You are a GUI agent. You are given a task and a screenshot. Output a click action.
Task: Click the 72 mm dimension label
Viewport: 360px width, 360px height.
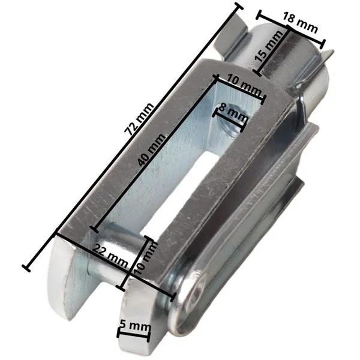[139, 119]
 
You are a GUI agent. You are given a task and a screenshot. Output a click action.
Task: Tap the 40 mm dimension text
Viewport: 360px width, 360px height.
[152, 149]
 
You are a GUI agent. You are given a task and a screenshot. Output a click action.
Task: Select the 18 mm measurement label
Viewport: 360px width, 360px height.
[301, 23]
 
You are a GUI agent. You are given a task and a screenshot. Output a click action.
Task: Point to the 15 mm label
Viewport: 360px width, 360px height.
[268, 47]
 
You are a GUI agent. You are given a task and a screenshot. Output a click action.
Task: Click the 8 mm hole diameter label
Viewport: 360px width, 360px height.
[233, 113]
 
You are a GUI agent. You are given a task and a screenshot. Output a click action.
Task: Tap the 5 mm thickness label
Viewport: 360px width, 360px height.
[135, 326]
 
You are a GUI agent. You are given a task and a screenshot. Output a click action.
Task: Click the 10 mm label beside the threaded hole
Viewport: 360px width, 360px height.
[244, 85]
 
